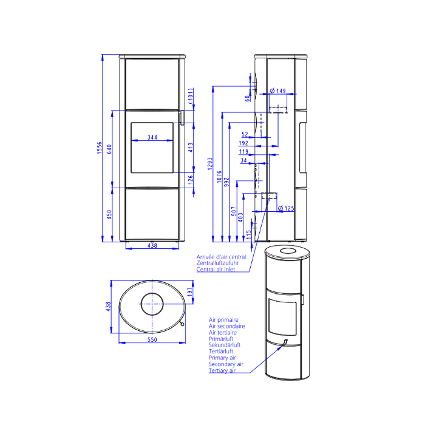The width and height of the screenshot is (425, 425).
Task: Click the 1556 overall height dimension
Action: (x=100, y=148)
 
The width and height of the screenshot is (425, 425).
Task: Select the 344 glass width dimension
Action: (x=152, y=137)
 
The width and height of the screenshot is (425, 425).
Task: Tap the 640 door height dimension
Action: (x=109, y=149)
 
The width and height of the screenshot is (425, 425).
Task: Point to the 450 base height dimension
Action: (x=109, y=214)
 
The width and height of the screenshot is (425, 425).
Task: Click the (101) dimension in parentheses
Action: (x=191, y=96)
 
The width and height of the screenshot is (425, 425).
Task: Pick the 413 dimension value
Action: (x=191, y=148)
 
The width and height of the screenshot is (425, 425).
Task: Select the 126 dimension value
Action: (x=191, y=180)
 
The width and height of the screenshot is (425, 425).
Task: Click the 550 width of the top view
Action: (x=152, y=339)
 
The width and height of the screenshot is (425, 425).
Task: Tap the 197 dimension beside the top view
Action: (x=190, y=291)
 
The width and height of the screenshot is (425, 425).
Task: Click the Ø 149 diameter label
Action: (x=278, y=90)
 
